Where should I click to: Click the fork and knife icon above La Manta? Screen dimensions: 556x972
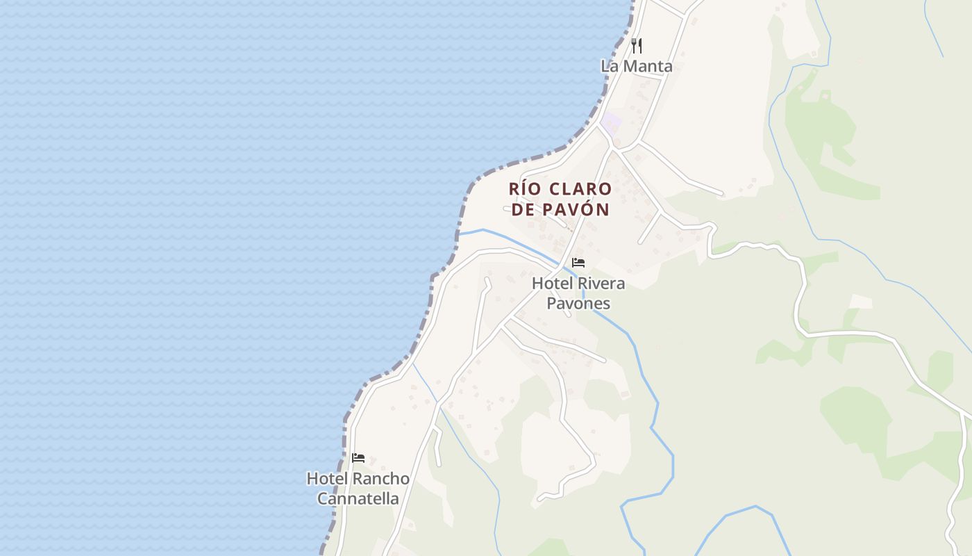tap(636, 46)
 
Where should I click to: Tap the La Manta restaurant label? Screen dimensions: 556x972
tap(636, 67)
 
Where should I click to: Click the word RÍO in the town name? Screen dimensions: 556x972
tap(525, 189)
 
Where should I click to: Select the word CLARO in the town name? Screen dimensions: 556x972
tap(580, 189)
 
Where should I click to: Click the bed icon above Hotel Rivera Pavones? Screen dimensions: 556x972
tap(578, 263)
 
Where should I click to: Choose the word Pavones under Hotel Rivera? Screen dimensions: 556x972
tap(578, 304)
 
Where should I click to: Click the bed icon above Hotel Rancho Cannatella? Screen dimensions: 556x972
tap(358, 457)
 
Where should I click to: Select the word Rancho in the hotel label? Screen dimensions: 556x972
tap(380, 479)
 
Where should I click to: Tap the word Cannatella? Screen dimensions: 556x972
tap(358, 499)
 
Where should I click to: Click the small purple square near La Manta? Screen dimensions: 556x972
tap(611, 124)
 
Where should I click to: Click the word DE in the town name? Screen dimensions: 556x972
tap(522, 209)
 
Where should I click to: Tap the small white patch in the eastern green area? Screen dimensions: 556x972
tap(861, 302)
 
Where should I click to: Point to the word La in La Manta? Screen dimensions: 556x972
tap(609, 67)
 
